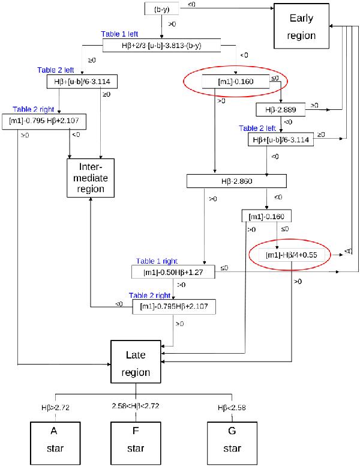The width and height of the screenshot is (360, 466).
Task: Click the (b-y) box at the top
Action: tap(162, 8)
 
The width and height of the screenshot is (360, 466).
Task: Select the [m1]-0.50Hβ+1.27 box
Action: tap(173, 271)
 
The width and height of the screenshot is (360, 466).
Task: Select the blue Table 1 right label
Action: tap(156, 261)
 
